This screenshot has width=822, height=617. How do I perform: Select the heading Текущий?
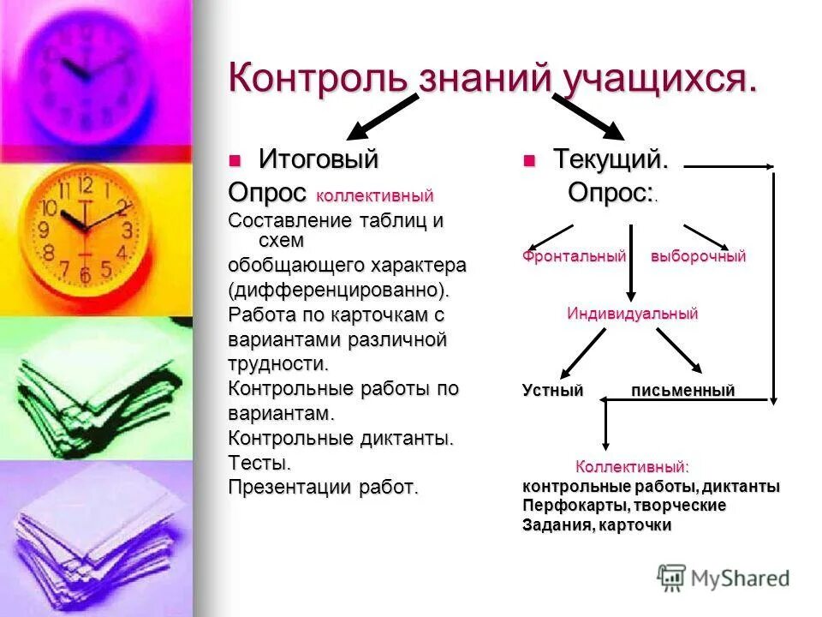610,159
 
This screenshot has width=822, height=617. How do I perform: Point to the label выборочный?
698,256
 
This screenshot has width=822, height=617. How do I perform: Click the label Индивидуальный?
633,314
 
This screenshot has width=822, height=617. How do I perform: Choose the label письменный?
682,391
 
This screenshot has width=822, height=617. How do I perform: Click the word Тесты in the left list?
259,464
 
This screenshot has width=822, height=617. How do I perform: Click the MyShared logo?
724,578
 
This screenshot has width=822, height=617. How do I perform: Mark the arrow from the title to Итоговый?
381,118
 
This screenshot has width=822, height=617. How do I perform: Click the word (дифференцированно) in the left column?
338,289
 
